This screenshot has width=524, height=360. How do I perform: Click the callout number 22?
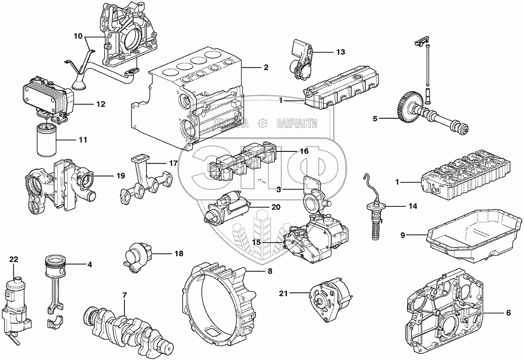(x=14, y=259)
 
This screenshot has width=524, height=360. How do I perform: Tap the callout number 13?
(x=341, y=51)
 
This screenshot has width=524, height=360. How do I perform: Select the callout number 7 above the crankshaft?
(x=124, y=295)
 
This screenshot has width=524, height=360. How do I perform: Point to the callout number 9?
(x=403, y=235)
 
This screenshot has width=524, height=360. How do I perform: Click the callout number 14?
(x=413, y=206)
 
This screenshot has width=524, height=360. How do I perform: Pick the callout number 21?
(x=283, y=293)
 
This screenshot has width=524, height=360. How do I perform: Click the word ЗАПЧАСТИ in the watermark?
(x=297, y=123)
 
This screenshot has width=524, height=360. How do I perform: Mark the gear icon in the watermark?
(x=262, y=123)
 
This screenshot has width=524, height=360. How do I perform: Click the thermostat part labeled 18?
(x=138, y=257)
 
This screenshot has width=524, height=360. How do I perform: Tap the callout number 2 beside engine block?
(x=266, y=67)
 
